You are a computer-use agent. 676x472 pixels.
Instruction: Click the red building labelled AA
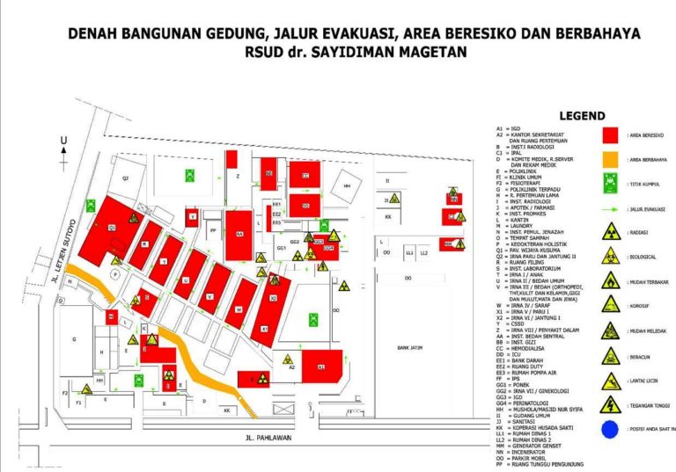239,234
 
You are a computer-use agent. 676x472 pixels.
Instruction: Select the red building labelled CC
305,175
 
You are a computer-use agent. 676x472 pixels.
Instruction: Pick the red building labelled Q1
112,227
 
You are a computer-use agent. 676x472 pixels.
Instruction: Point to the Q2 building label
126,178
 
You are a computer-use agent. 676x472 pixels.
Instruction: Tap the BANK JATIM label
410,348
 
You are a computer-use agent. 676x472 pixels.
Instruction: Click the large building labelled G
75,338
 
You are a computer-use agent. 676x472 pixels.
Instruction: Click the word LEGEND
582,116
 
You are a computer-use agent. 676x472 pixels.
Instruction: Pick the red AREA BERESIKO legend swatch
607,135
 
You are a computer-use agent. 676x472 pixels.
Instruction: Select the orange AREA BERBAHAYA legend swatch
607,160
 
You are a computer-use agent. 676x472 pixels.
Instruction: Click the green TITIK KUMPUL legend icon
608,185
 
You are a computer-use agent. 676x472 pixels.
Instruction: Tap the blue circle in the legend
608,429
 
